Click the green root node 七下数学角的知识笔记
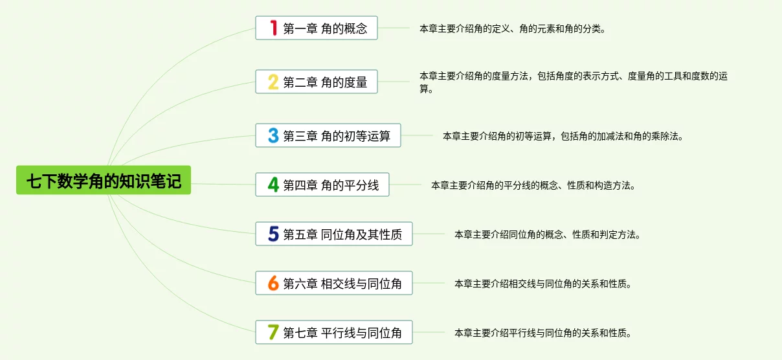[104, 180]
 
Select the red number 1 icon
[274, 28]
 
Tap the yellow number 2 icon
[274, 82]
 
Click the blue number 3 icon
[274, 135]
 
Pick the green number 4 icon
[274, 185]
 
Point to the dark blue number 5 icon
[274, 234]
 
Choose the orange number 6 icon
[274, 283]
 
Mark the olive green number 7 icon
[274, 332]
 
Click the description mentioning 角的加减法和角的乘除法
[563, 136]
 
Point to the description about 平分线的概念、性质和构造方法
[533, 185]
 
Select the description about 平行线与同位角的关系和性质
[542, 333]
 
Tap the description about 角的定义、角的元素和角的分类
[512, 28]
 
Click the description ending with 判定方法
[547, 234]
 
